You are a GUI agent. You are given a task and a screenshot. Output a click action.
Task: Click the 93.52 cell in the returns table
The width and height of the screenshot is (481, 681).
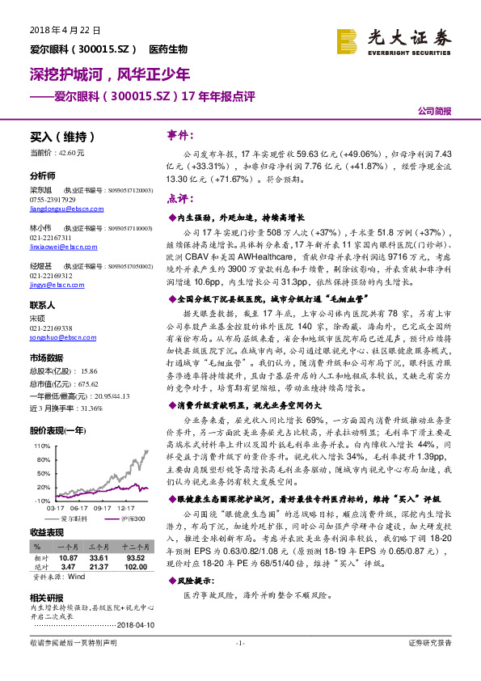[x=134, y=557]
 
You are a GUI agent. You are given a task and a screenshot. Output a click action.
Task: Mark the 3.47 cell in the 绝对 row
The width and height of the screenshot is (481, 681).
[x=68, y=565]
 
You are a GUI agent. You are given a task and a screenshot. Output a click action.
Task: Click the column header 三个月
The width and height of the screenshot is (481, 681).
[x=101, y=548]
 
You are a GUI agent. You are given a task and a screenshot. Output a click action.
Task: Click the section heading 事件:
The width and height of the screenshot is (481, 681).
[x=180, y=134]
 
